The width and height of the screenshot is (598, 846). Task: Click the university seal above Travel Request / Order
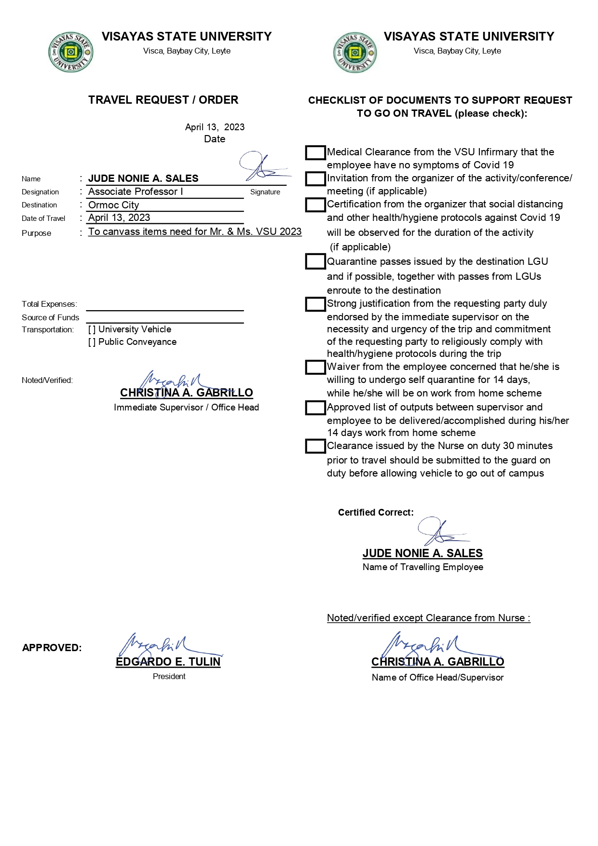tap(70, 53)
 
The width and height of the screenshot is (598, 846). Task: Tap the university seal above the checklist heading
tap(355, 53)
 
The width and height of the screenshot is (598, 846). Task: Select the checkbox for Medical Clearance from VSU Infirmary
tap(315, 153)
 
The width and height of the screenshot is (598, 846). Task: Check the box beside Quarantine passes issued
tap(315, 262)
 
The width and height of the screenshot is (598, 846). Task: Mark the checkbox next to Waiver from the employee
tap(315, 368)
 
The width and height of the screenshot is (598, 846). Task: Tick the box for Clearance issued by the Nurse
tap(315, 446)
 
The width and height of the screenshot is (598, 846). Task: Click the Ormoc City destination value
tap(114, 205)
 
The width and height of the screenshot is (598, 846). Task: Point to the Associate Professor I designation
tap(136, 191)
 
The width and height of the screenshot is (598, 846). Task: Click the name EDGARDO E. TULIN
tap(168, 662)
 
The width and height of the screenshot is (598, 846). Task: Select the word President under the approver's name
tap(169, 677)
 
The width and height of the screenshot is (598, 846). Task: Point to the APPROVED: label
tap(52, 648)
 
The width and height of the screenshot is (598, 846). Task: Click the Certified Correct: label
tap(376, 512)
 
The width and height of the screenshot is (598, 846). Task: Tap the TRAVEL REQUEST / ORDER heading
tap(163, 100)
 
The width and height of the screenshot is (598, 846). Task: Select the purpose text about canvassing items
tap(195, 232)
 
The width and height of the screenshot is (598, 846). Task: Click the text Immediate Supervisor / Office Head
tap(186, 408)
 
